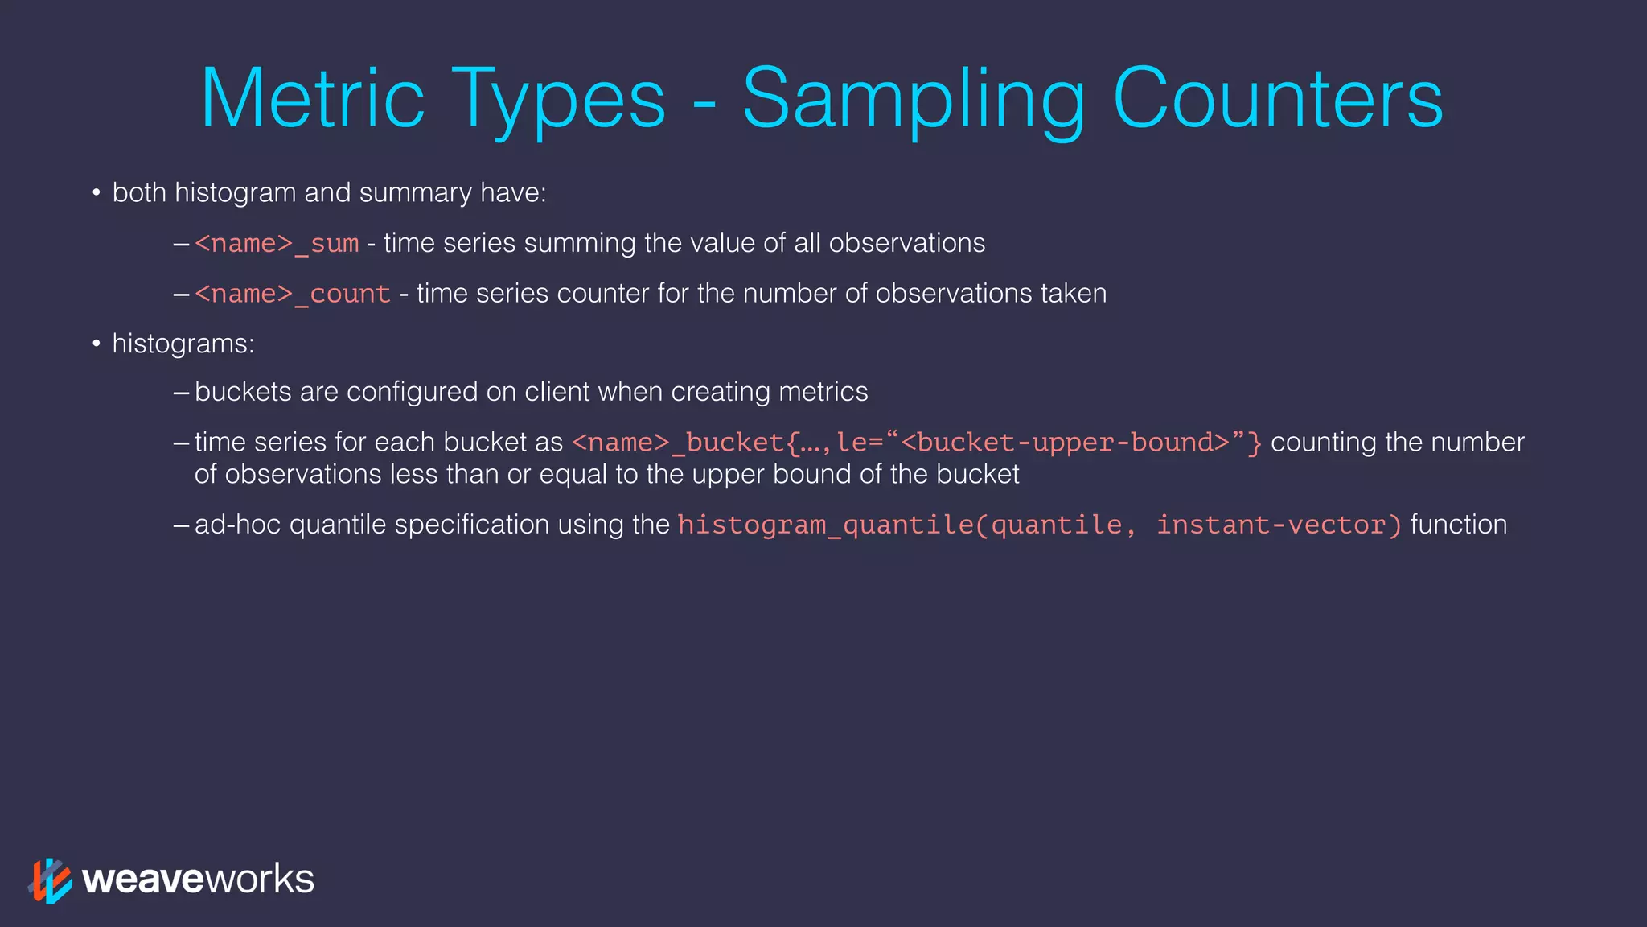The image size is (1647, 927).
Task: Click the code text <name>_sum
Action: (277, 244)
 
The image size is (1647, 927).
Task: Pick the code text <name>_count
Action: (293, 295)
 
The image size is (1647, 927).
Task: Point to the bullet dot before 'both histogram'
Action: (96, 193)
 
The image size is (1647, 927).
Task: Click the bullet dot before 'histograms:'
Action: (96, 344)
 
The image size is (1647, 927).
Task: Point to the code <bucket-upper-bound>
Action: (1065, 443)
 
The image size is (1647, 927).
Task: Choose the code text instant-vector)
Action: (1279, 525)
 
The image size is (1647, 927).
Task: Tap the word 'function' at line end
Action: (1458, 525)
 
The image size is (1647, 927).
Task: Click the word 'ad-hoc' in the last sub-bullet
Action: (238, 525)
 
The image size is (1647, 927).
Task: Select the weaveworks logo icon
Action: (50, 880)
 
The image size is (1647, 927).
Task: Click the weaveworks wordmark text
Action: (198, 879)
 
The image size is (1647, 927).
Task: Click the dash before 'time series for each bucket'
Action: (181, 443)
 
